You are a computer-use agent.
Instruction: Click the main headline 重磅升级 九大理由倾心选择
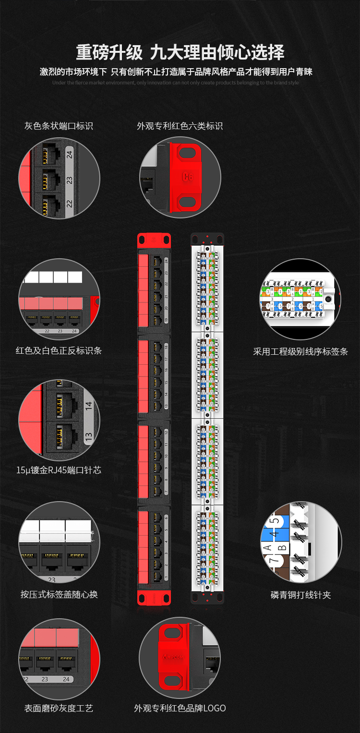(180, 52)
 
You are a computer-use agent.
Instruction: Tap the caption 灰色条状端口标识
(59, 126)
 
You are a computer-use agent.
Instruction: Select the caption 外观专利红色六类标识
(180, 126)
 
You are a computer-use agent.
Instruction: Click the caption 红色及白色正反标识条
(59, 351)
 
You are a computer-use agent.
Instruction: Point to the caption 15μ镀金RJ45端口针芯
(59, 470)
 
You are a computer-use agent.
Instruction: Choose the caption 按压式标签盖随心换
(59, 594)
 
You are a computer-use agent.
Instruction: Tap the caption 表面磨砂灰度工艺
(59, 708)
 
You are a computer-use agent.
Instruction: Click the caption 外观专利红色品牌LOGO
(180, 708)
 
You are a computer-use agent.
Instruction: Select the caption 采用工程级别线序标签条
(300, 352)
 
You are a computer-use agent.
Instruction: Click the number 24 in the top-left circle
(70, 155)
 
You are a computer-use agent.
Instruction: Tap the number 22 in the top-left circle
(70, 204)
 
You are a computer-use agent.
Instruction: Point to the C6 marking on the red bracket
(188, 177)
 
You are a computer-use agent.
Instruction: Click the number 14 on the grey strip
(88, 405)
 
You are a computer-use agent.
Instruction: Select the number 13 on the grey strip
(88, 437)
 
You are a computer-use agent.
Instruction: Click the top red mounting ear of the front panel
(154, 239)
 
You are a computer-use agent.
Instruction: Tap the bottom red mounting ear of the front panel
(154, 598)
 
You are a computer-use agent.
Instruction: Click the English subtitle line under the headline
(175, 83)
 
